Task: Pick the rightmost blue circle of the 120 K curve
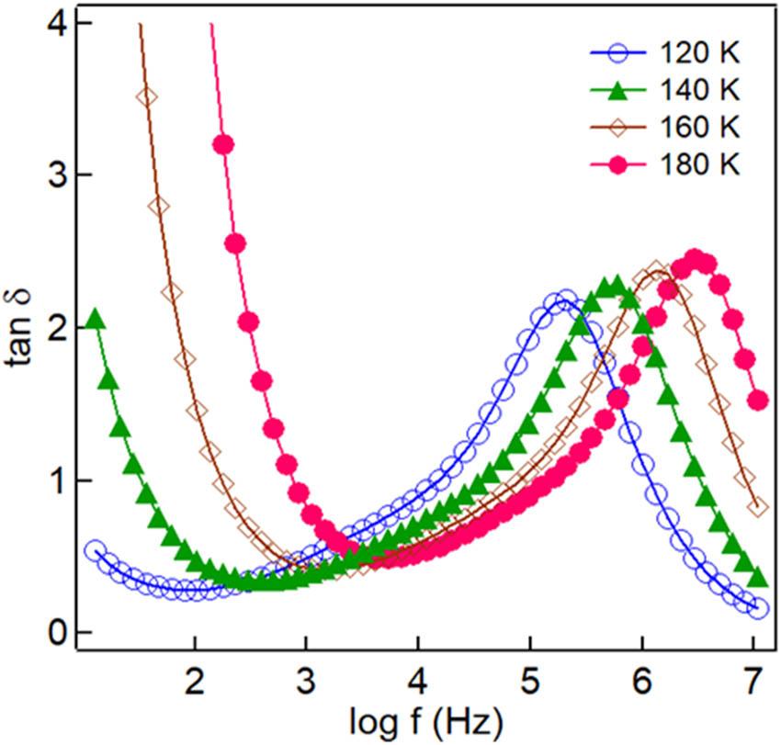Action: pos(758,609)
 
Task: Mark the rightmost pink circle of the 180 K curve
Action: pos(758,401)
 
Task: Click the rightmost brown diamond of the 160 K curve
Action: pos(758,507)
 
